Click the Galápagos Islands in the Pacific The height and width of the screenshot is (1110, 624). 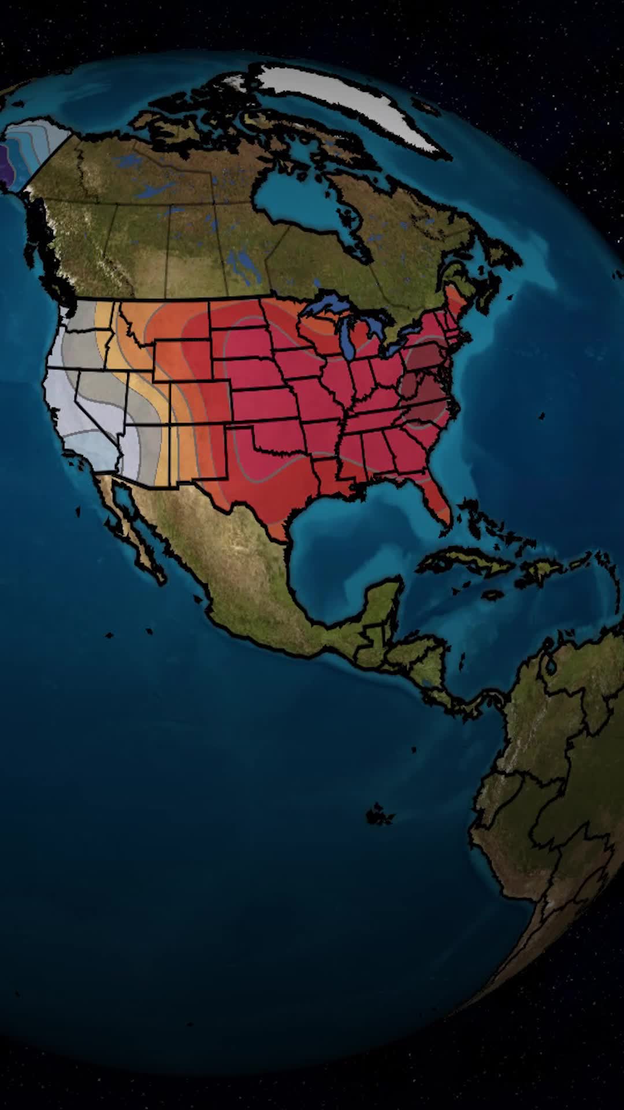tap(379, 815)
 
